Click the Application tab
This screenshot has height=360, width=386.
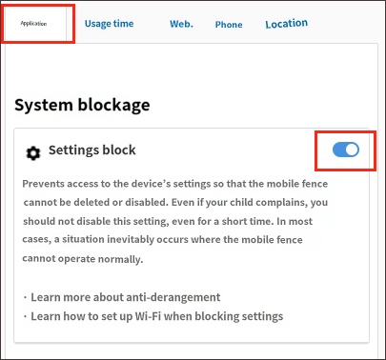[33, 24]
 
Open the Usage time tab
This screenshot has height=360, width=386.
[109, 24]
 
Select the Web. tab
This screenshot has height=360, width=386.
[181, 24]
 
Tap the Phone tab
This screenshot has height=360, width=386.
[229, 25]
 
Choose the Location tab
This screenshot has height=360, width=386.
[287, 24]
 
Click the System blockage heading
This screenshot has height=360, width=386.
[82, 106]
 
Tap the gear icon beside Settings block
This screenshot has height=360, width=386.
[33, 153]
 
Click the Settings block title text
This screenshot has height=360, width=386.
[92, 150]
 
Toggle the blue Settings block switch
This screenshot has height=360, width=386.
[346, 150]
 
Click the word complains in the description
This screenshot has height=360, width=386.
[281, 203]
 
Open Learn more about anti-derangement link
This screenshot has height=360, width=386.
[126, 297]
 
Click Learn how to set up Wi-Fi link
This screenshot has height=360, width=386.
[157, 316]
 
